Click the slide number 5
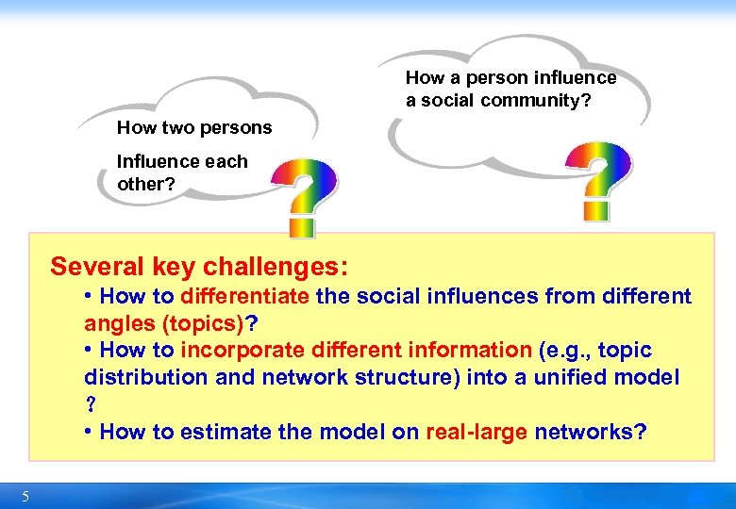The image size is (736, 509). pyautogui.click(x=25, y=497)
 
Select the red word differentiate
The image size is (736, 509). pyautogui.click(x=244, y=296)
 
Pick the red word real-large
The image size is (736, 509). pyautogui.click(x=477, y=432)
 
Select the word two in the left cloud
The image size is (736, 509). pyautogui.click(x=174, y=127)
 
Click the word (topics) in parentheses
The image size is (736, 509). pyautogui.click(x=203, y=323)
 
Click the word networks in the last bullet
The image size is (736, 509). pyautogui.click(x=590, y=432)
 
